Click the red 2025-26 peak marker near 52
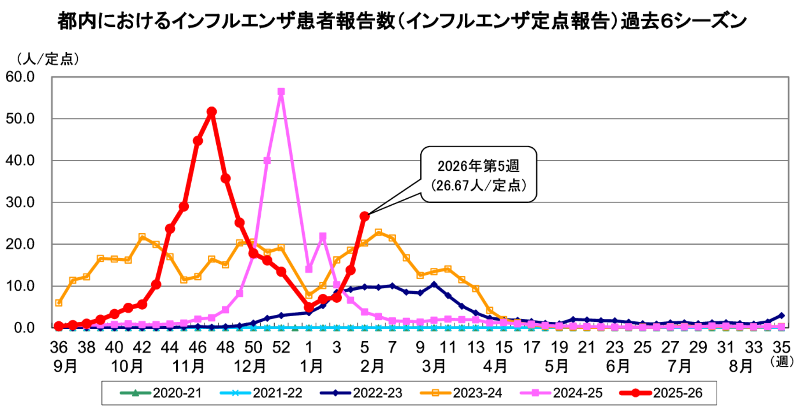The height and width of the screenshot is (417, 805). (x=212, y=112)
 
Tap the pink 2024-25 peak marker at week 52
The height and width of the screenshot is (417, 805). (x=281, y=92)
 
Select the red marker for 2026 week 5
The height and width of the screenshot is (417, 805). (x=365, y=216)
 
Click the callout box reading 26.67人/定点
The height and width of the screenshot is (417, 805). (x=478, y=175)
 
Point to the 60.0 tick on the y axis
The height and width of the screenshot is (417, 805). (x=20, y=77)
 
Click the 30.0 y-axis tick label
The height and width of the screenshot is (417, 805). (x=20, y=202)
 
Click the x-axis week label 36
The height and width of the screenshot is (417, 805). (x=58, y=347)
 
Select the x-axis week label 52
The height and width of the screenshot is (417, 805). (x=281, y=347)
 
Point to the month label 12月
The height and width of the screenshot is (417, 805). (x=250, y=366)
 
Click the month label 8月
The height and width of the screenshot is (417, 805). (x=741, y=366)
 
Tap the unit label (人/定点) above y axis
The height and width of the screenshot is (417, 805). (x=48, y=59)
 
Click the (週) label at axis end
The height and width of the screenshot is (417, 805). (x=782, y=361)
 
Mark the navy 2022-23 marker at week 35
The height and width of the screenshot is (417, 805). (x=781, y=315)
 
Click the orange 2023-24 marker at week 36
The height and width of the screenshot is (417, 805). (x=58, y=303)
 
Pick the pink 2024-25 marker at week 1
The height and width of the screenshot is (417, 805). (x=309, y=269)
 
